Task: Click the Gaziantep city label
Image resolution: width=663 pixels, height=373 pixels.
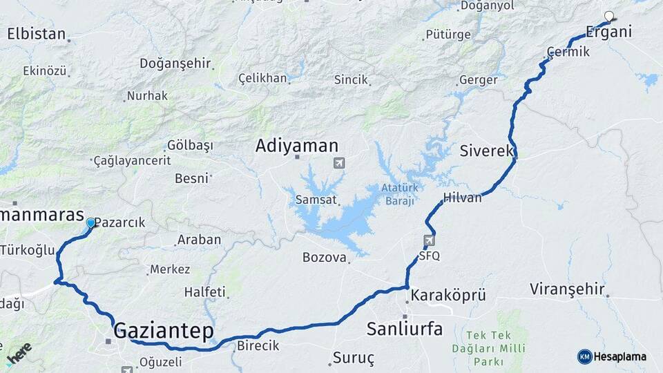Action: (x=163, y=330)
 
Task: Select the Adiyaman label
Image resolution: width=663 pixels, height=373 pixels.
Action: (x=297, y=146)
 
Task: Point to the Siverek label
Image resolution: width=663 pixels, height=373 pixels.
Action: (x=487, y=151)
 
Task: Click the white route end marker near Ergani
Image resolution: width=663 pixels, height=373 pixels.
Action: (x=609, y=16)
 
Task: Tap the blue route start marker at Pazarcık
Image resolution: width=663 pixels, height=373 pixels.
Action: (x=90, y=222)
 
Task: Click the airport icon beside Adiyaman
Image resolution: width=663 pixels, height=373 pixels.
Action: (x=338, y=163)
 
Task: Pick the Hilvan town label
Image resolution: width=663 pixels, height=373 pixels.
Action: (x=462, y=197)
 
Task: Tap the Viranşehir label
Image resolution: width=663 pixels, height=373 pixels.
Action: (x=568, y=289)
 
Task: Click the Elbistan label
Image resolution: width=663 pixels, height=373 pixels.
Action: (x=37, y=34)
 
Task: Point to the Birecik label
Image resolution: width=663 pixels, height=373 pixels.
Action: (x=258, y=345)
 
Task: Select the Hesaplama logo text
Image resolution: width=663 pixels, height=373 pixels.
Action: (x=620, y=356)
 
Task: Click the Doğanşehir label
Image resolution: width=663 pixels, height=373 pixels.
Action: (x=175, y=64)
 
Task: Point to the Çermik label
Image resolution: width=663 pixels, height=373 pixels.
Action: (x=568, y=52)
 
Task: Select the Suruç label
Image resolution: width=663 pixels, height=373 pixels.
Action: (x=353, y=358)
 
